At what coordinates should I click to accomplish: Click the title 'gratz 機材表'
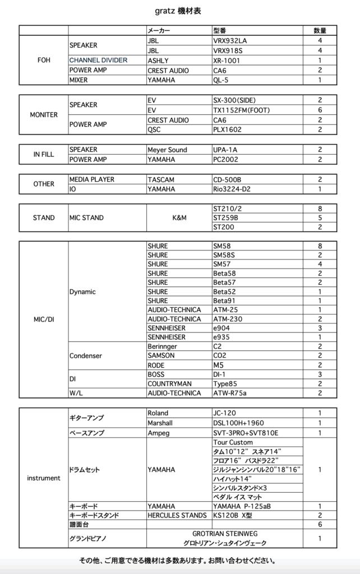coord(179,11)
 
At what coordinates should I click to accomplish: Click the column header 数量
coord(320,31)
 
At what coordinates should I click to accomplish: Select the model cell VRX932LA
coord(230,41)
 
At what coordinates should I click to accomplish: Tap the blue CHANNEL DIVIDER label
coord(98,60)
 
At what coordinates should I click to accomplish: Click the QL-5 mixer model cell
coord(221,80)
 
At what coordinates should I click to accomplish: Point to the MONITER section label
coord(44,115)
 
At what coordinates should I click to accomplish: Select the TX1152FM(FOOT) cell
coord(241,110)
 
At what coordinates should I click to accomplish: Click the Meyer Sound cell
coord(167,150)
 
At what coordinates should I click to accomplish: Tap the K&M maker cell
coord(179,217)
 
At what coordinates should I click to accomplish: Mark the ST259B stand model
coord(225,217)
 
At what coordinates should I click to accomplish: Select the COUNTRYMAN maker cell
coord(169,383)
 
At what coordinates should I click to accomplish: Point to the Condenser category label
coord(85,355)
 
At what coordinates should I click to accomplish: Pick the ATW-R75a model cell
coord(230,394)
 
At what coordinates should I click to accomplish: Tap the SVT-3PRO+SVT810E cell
coord(246,433)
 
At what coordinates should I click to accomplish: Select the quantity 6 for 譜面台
coord(320,524)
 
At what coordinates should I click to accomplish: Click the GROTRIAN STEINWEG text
coord(225,534)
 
